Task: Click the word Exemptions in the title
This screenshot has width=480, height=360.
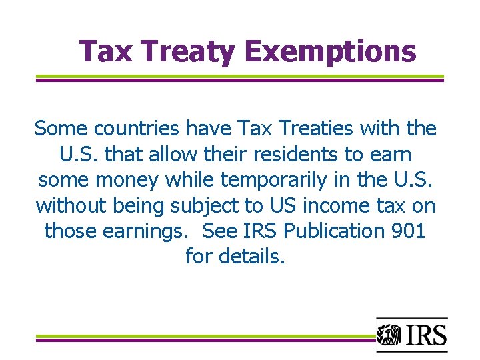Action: (x=330, y=51)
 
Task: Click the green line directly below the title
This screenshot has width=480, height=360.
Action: (x=239, y=76)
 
